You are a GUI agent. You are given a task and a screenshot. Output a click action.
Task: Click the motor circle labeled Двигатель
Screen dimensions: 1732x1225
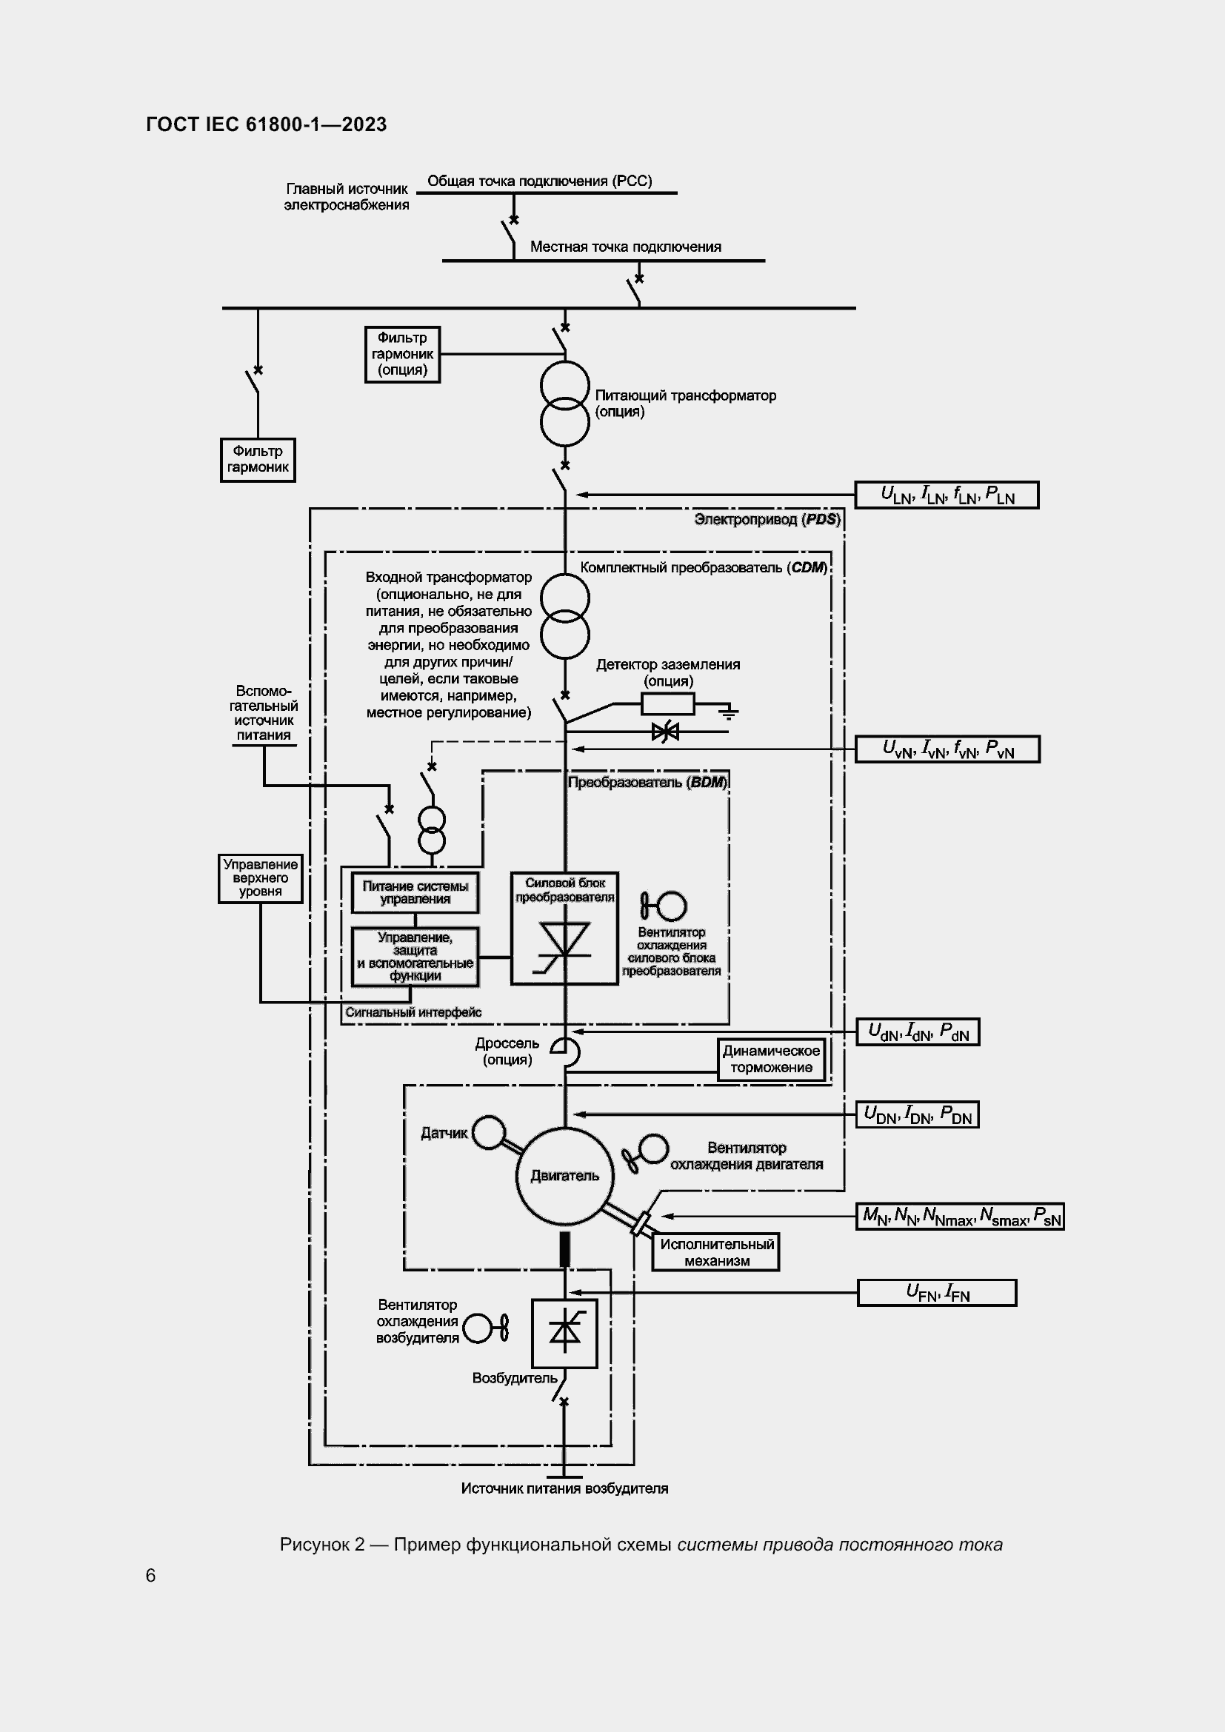click(x=564, y=1175)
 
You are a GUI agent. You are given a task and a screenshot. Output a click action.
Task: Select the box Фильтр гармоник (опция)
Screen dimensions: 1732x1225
click(x=402, y=354)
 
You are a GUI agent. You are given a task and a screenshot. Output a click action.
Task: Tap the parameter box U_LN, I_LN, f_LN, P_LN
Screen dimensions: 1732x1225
click(x=946, y=495)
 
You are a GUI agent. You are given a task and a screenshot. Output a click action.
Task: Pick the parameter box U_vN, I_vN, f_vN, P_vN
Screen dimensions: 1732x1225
click(x=947, y=749)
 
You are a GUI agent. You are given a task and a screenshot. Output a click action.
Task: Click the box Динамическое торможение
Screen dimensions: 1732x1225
click(x=771, y=1059)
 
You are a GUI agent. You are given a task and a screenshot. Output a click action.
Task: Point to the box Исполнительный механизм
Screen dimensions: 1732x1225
click(x=716, y=1252)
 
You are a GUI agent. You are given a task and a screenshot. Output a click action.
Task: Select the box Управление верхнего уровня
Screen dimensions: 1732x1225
click(x=260, y=878)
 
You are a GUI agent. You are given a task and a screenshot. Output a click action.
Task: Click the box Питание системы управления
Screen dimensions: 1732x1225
click(x=415, y=892)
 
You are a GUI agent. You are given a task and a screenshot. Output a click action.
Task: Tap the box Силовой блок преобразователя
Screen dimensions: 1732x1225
click(x=564, y=929)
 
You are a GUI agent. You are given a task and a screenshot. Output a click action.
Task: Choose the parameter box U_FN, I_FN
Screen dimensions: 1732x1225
click(x=937, y=1292)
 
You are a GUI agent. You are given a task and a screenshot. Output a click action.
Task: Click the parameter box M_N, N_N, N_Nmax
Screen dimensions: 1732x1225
click(x=959, y=1216)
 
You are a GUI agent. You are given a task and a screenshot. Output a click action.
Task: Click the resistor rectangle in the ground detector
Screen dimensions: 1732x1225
click(x=667, y=703)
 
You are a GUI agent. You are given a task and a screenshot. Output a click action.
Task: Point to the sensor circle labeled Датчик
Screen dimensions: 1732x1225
click(x=489, y=1132)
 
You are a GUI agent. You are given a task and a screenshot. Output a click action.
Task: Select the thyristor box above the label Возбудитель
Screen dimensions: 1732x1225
click(x=564, y=1333)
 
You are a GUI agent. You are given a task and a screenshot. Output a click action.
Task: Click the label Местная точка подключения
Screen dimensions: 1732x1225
click(x=625, y=247)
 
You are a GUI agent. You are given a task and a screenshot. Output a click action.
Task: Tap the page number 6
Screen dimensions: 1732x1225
click(x=151, y=1575)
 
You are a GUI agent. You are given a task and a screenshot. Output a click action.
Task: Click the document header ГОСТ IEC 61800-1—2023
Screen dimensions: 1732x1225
click(x=267, y=124)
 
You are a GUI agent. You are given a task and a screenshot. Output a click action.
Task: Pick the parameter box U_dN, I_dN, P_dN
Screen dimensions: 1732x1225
click(x=917, y=1031)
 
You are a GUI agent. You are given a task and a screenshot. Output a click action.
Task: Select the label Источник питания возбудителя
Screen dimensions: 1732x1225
click(x=564, y=1488)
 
